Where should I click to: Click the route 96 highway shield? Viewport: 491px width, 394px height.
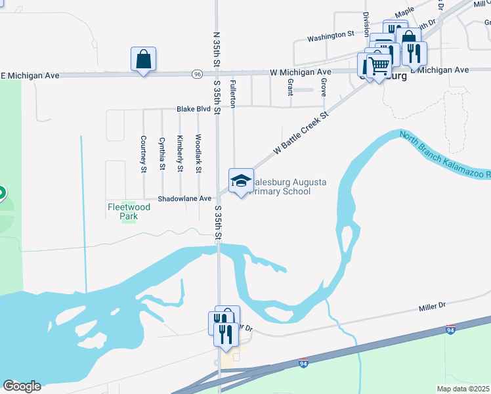pyautogui.click(x=197, y=74)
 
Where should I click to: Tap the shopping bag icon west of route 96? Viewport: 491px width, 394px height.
pyautogui.click(x=143, y=60)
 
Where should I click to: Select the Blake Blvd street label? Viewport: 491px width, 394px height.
pyautogui.click(x=194, y=109)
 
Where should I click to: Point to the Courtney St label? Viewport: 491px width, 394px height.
pyautogui.click(x=143, y=154)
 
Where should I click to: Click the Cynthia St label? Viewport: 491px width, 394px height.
pyautogui.click(x=161, y=154)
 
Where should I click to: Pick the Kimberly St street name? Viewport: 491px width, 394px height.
pyautogui.click(x=180, y=154)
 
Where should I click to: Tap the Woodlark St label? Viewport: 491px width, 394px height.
pyautogui.click(x=198, y=154)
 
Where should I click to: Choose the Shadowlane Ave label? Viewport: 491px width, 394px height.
pyautogui.click(x=184, y=198)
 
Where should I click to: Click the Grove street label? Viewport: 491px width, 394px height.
pyautogui.click(x=324, y=87)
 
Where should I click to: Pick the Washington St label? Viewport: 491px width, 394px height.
pyautogui.click(x=330, y=33)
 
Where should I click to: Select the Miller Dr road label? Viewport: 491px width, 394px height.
pyautogui.click(x=432, y=307)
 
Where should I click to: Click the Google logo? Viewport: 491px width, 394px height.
pyautogui.click(x=22, y=386)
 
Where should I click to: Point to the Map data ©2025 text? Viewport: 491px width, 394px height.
pyautogui.click(x=463, y=389)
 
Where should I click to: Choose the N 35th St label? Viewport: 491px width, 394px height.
pyautogui.click(x=217, y=47)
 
